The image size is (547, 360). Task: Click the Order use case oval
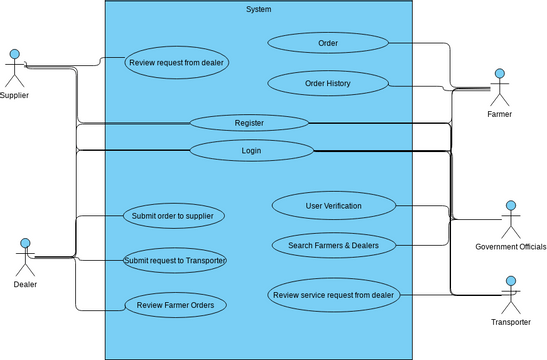[328, 43]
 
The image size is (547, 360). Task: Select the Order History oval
[327, 83]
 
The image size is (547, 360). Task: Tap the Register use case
[249, 122]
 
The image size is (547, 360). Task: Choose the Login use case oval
[251, 151]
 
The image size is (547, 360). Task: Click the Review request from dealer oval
[177, 62]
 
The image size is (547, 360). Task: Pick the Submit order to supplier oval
[174, 215]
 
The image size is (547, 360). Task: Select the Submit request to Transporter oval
[175, 260]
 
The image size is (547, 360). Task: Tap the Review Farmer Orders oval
[175, 305]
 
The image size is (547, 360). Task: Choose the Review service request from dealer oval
[335, 294]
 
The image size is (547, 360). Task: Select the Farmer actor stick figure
[500, 88]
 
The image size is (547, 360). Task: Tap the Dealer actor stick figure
[26, 258]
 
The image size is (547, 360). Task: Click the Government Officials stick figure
[510, 220]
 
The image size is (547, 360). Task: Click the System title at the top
[258, 9]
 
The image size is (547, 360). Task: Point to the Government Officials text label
[510, 246]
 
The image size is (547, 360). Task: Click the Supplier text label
[14, 95]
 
